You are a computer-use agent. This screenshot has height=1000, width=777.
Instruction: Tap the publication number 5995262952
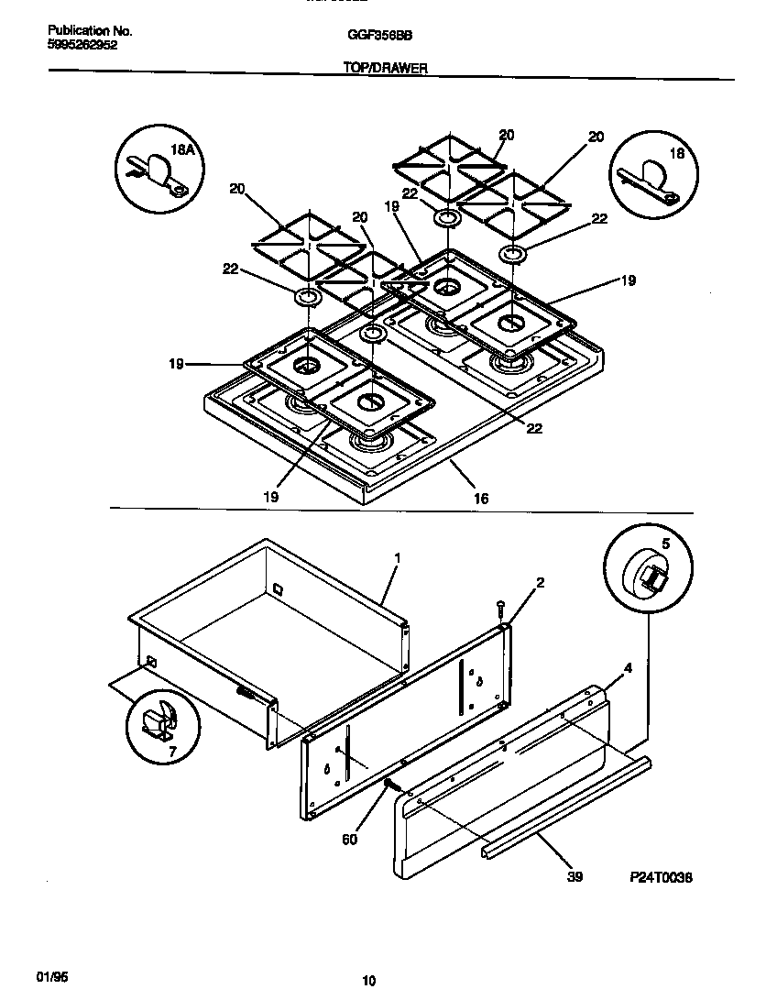click(x=82, y=44)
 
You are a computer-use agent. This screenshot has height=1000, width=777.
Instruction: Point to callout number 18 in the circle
click(x=676, y=154)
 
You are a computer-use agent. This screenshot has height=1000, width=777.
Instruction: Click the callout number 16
click(x=481, y=499)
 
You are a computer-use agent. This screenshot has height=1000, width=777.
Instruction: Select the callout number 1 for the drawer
click(x=397, y=557)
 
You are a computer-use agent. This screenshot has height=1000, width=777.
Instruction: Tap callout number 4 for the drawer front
click(x=627, y=668)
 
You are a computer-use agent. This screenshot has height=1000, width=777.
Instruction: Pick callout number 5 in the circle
click(x=666, y=544)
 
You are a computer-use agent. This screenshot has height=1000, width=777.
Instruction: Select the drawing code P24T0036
click(x=661, y=877)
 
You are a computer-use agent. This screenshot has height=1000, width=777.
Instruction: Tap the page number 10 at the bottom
click(x=369, y=981)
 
